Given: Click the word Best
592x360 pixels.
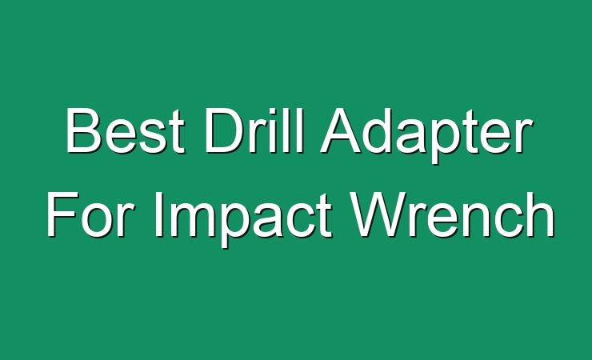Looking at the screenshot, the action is (x=126, y=130).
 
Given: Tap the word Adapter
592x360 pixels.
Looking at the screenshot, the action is (x=426, y=135).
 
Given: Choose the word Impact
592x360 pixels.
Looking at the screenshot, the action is (x=243, y=219).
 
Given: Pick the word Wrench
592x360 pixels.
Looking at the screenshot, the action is (x=452, y=214).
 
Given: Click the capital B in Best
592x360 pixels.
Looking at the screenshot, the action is (x=84, y=130).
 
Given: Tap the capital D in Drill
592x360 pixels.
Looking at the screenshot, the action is (x=225, y=130).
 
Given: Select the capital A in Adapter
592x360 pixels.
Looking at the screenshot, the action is (x=342, y=130).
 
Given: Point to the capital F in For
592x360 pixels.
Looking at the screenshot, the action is (x=63, y=214).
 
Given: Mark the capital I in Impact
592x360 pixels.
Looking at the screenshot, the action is (x=158, y=214).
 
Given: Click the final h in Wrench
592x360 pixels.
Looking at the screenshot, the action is (x=540, y=214).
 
